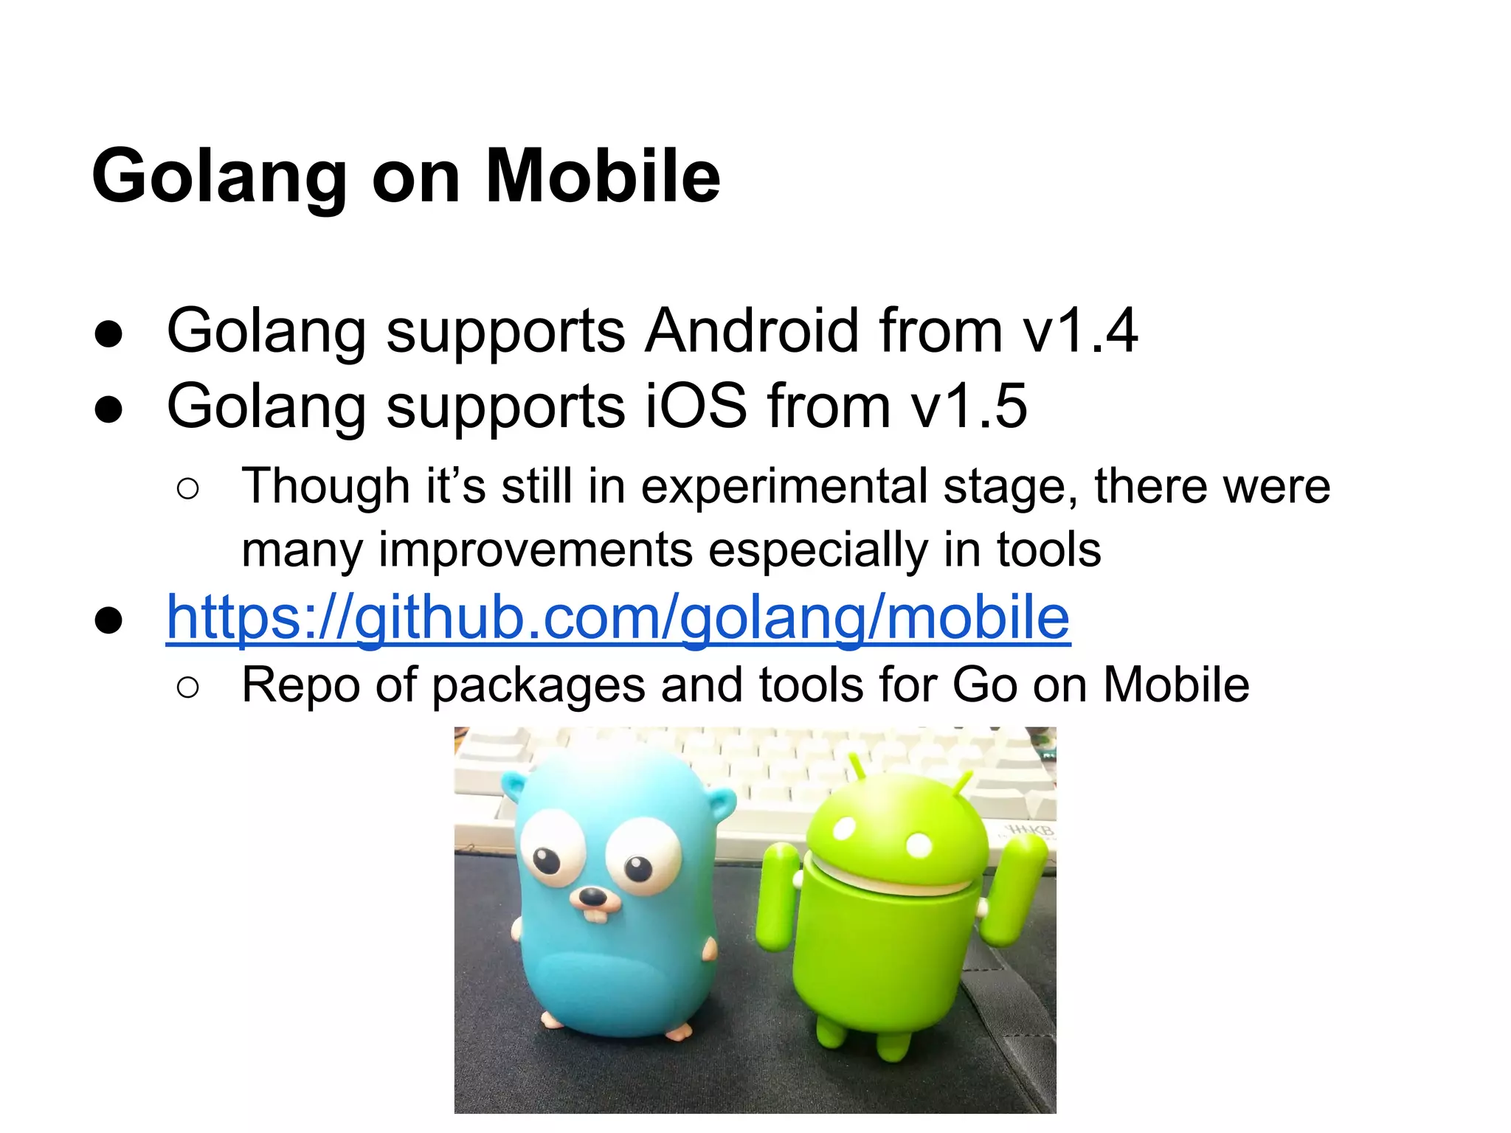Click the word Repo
(x=299, y=685)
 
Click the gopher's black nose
(x=591, y=897)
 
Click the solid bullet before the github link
(x=108, y=619)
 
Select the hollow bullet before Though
(x=188, y=489)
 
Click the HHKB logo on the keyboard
(x=1032, y=831)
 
